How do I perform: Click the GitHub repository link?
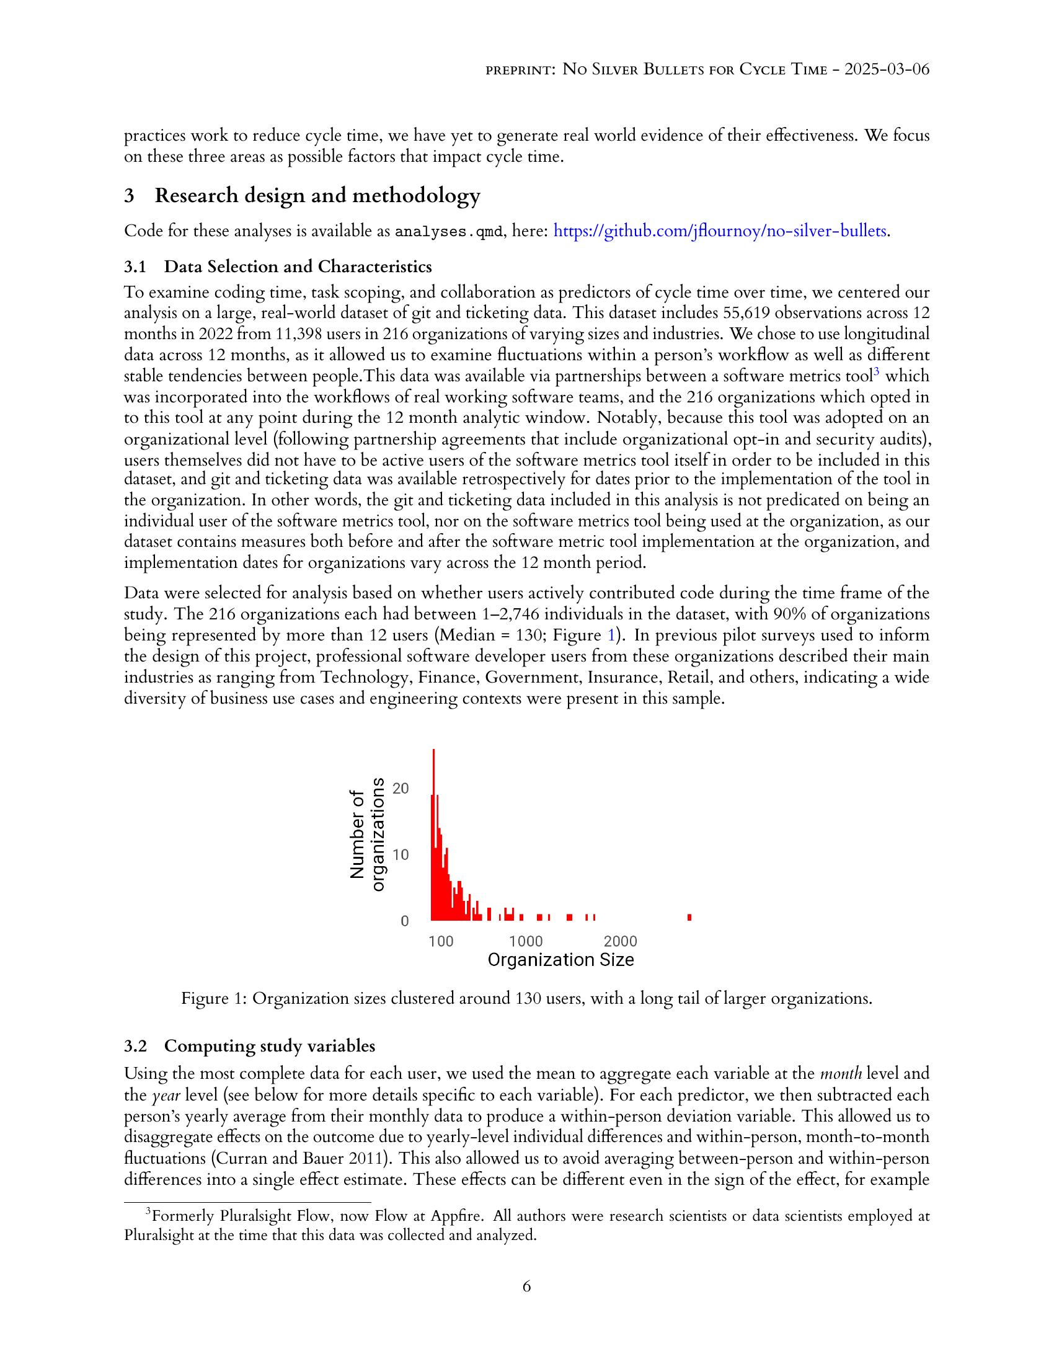pyautogui.click(x=720, y=231)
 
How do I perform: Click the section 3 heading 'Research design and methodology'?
pyautogui.click(x=317, y=195)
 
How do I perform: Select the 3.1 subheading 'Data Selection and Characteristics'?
pyautogui.click(x=297, y=267)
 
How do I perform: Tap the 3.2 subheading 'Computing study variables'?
pyautogui.click(x=269, y=1045)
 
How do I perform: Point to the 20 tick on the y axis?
pyautogui.click(x=401, y=788)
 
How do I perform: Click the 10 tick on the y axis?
pyautogui.click(x=401, y=854)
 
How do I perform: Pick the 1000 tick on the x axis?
pyautogui.click(x=526, y=941)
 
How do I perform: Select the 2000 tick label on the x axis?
pyautogui.click(x=620, y=941)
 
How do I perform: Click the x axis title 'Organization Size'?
pyautogui.click(x=560, y=960)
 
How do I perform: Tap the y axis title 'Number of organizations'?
pyautogui.click(x=366, y=835)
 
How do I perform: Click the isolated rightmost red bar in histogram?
pyautogui.click(x=689, y=917)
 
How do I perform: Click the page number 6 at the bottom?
pyautogui.click(x=526, y=1286)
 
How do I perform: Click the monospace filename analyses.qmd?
pyautogui.click(x=448, y=232)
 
